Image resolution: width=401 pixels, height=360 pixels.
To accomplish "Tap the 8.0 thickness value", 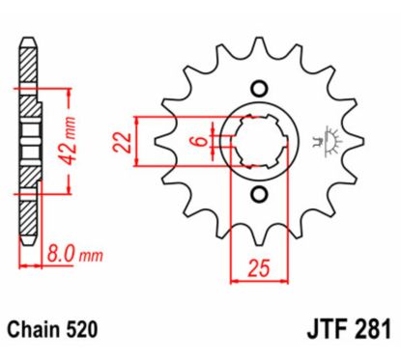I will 61,255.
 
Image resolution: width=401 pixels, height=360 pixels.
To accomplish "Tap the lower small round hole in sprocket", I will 259,197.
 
